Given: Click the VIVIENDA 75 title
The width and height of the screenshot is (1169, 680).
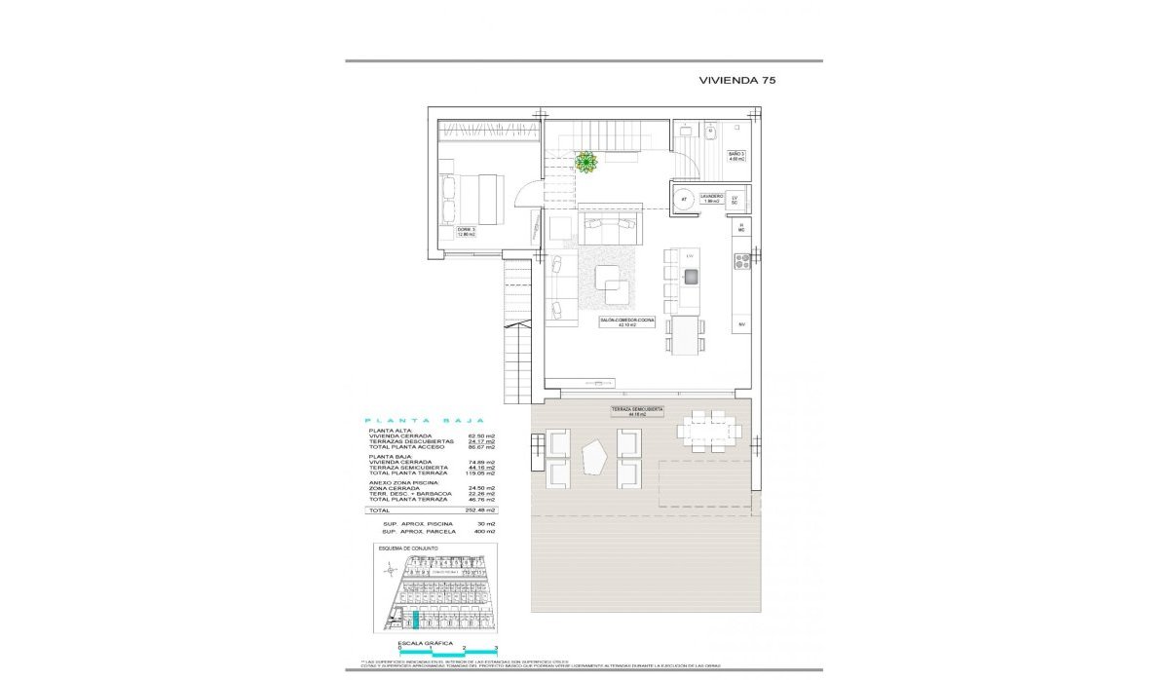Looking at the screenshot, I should tap(736, 81).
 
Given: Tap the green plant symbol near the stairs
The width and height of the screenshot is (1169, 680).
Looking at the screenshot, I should tap(585, 163).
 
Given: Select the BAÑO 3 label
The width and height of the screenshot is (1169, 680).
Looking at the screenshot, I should tap(736, 156).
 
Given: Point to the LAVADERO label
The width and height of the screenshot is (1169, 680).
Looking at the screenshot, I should tap(711, 198).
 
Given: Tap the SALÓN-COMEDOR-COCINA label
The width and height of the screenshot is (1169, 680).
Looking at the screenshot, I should tap(626, 322).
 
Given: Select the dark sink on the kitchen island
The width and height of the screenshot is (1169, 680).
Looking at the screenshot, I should tap(691, 277).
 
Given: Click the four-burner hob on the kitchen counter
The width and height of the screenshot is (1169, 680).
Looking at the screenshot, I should tap(740, 261).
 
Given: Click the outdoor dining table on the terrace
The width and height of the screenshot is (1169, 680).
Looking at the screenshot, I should tap(708, 431).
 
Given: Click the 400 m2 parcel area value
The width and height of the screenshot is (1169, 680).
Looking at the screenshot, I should tap(485, 532).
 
